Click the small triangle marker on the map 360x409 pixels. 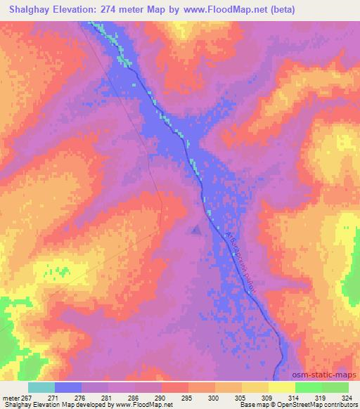point(196,229)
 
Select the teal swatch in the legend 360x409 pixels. point(41,387)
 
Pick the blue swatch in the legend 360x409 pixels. point(68,387)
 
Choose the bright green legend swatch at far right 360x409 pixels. point(335,387)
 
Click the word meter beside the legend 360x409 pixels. point(11,397)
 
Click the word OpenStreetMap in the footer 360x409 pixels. point(288,405)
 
